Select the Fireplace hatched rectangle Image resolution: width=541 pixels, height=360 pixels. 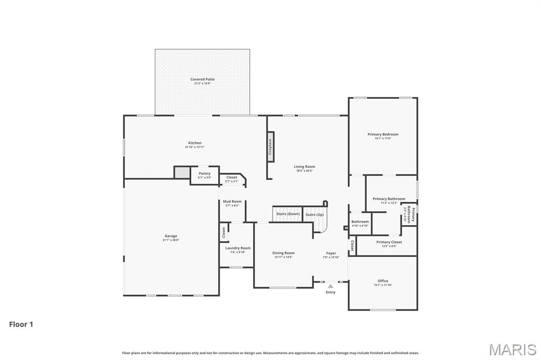pos(270,146)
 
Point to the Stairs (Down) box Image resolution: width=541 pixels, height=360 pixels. pos(287,214)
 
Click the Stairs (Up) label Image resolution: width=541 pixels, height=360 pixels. pos(314,215)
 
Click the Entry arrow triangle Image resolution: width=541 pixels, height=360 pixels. pos(331,286)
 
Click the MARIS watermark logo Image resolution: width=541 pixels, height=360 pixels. pos(512,349)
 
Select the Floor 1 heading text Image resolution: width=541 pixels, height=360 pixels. pos(21,325)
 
